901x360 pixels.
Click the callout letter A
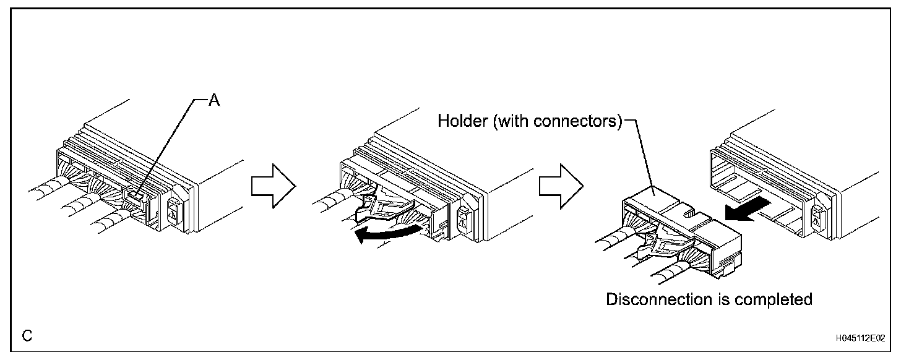(x=213, y=101)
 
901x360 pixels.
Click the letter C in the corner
(x=27, y=336)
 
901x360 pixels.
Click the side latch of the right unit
(x=817, y=216)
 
